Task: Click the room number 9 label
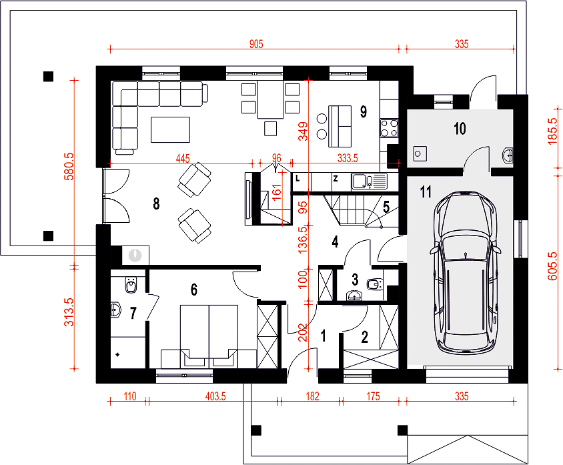pos(364,111)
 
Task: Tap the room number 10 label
pos(460,129)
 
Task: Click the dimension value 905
pos(256,44)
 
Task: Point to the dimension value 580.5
pos(69,166)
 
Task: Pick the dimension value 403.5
pos(215,396)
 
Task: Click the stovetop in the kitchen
pos(389,128)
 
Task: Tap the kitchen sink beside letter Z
pos(369,181)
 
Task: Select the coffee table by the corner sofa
pos(171,129)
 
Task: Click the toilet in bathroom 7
pos(131,285)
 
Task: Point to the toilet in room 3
pos(374,285)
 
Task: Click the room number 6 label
pos(194,290)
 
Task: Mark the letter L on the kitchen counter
pos(298,177)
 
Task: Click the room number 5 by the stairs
pos(386,207)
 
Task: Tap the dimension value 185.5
pos(553,131)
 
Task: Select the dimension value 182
pos(312,396)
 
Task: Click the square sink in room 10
pos(420,153)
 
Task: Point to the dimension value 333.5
pos(348,158)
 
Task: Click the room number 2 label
pos(365,337)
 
